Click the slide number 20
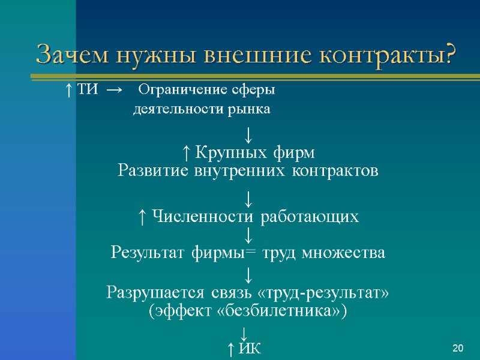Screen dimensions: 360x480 [458, 348]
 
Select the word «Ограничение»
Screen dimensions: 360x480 [176, 91]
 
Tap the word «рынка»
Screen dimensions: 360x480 [253, 110]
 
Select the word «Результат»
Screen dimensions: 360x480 [149, 254]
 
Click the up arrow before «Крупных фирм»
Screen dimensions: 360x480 [186, 152]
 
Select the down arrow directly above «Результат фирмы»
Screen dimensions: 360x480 [247, 235]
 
